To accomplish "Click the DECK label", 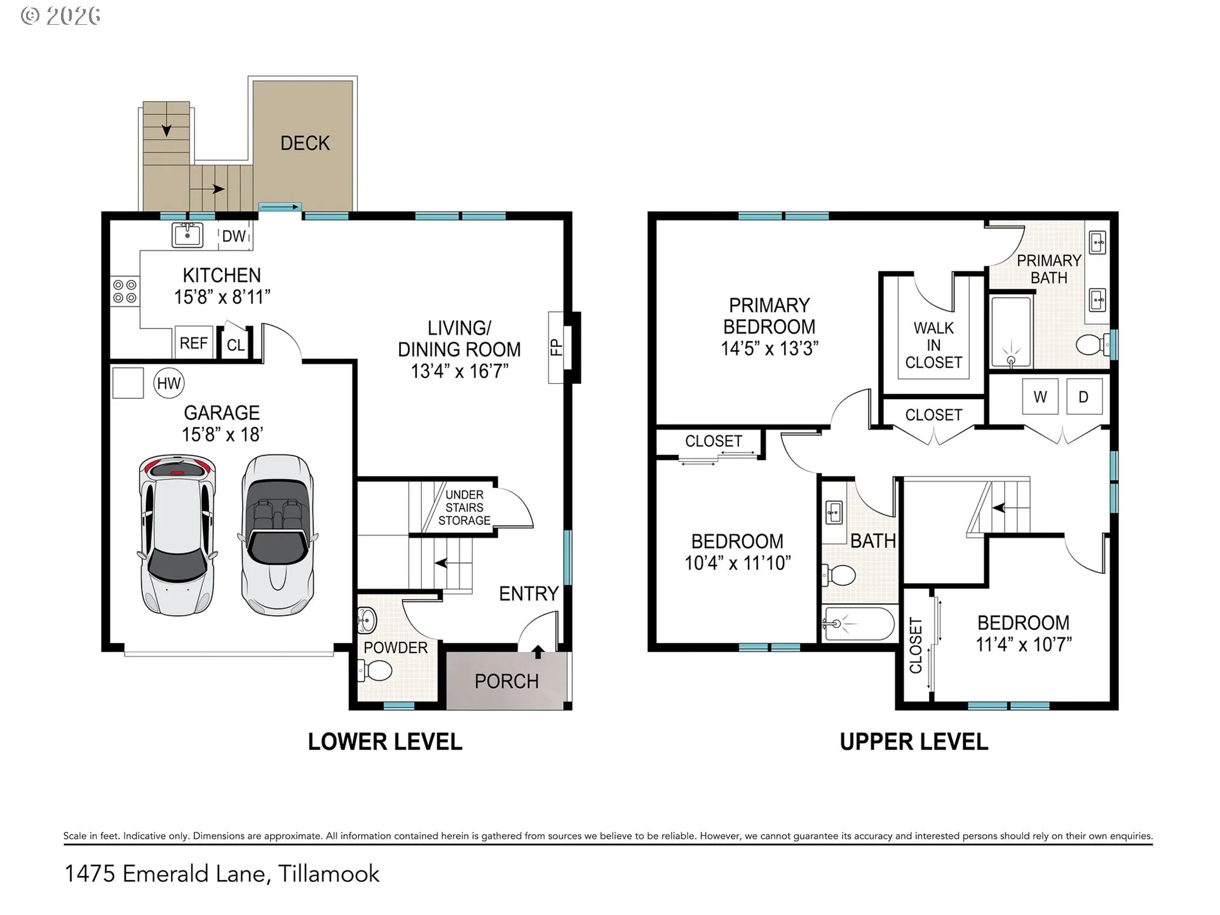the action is tap(305, 143).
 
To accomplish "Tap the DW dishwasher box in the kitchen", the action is tap(234, 236).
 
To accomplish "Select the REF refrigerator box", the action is tap(193, 343).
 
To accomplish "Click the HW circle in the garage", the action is tap(169, 383).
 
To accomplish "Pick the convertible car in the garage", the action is tap(277, 534).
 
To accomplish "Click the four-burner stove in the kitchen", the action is tap(125, 292).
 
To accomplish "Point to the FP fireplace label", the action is tap(557, 347).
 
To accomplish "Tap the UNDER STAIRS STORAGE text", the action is tap(464, 507).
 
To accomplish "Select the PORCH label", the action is tap(506, 681).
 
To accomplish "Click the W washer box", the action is tap(1040, 396).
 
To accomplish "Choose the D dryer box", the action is tap(1083, 396).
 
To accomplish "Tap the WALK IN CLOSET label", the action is tap(933, 345).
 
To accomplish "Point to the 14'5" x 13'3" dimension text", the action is tap(769, 348).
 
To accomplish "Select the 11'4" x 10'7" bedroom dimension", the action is tap(1024, 644).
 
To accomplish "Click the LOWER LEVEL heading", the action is tap(385, 742).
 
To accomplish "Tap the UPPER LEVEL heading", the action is tap(914, 742).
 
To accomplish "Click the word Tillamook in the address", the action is tap(329, 874).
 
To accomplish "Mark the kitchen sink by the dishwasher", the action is tap(187, 234).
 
